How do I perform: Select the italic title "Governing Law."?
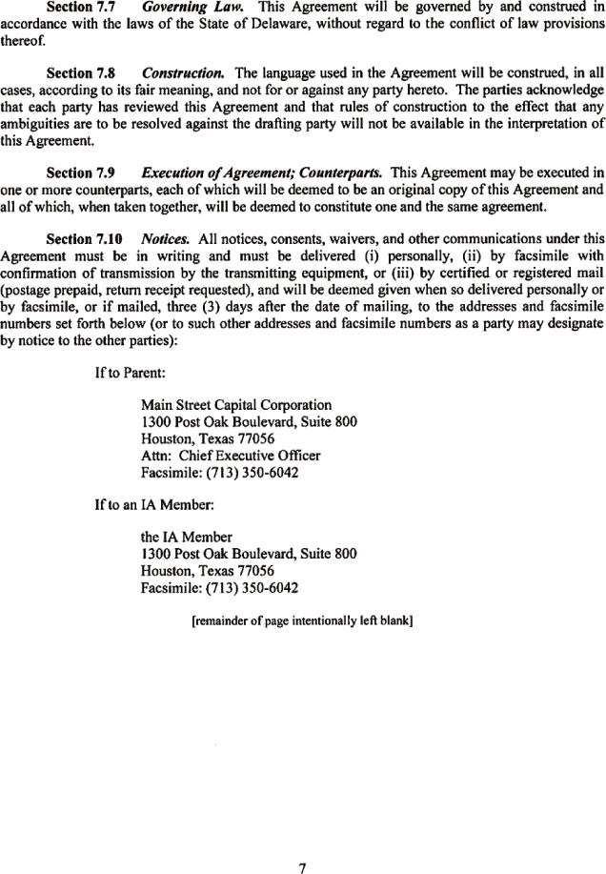pyautogui.click(x=181, y=9)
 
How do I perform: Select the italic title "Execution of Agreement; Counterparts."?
pyautogui.click(x=262, y=173)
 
